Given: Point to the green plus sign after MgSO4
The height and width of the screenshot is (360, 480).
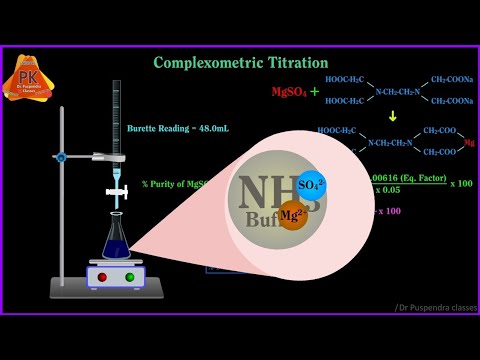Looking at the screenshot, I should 314,92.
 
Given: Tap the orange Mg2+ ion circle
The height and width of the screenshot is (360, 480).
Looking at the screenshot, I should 293,214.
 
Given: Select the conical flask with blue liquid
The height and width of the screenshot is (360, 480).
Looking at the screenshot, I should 117,238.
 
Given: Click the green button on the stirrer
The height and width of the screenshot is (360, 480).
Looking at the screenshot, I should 129,277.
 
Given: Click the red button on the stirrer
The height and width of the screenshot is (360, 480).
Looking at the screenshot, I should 102,277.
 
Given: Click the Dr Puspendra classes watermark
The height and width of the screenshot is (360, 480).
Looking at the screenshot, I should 436,306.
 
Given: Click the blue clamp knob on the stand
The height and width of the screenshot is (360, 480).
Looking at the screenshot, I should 62,157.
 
